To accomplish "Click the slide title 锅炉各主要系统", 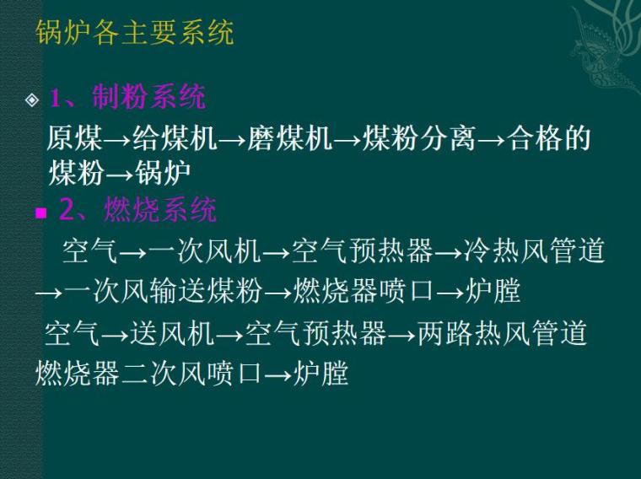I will click(135, 33).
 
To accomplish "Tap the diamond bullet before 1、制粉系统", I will click(32, 100).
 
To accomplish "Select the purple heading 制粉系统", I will click(148, 97).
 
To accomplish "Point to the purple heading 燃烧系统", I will click(159, 209).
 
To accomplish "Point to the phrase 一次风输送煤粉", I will click(162, 291).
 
